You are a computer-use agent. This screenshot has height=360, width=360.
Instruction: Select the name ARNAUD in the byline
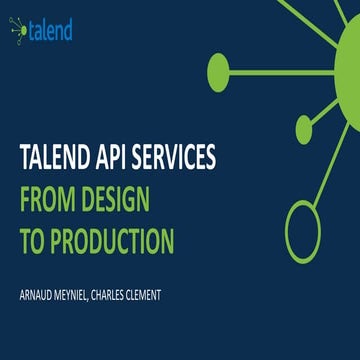coord(44,296)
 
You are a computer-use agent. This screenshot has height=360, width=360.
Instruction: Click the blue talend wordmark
coord(50,31)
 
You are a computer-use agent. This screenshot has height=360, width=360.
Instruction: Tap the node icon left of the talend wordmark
coord(18,32)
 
